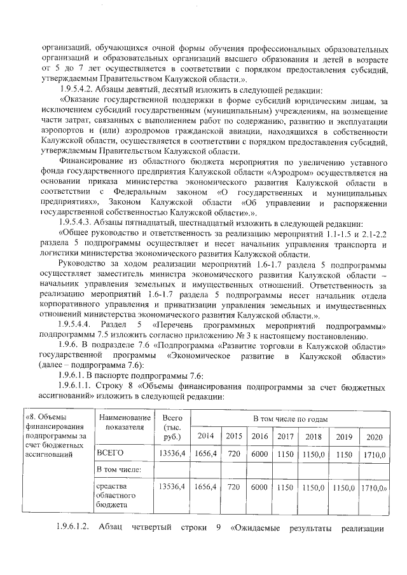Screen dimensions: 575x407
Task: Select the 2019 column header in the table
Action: [x=344, y=436]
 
